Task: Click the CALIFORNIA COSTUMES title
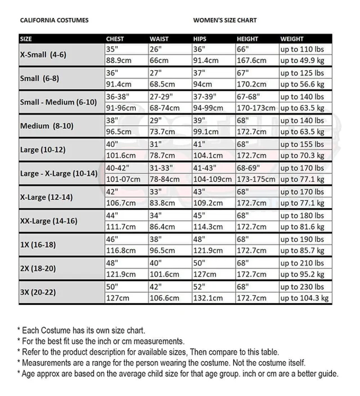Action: pos(55,20)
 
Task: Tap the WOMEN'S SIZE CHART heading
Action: pos(225,20)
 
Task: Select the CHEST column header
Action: pos(115,39)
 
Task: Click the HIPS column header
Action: pos(200,39)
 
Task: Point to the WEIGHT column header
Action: pos(292,39)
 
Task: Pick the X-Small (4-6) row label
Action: pos(45,55)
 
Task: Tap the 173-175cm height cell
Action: pos(255,179)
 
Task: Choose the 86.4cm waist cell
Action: pos(163,227)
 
